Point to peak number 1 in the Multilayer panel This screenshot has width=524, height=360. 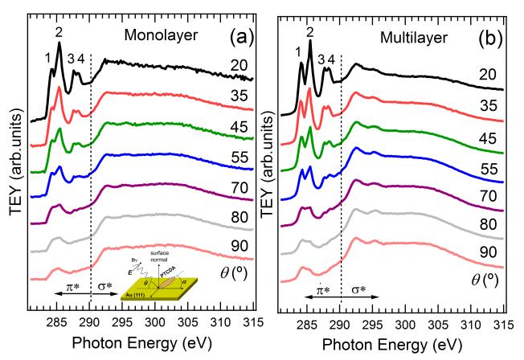(x=298, y=52)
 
